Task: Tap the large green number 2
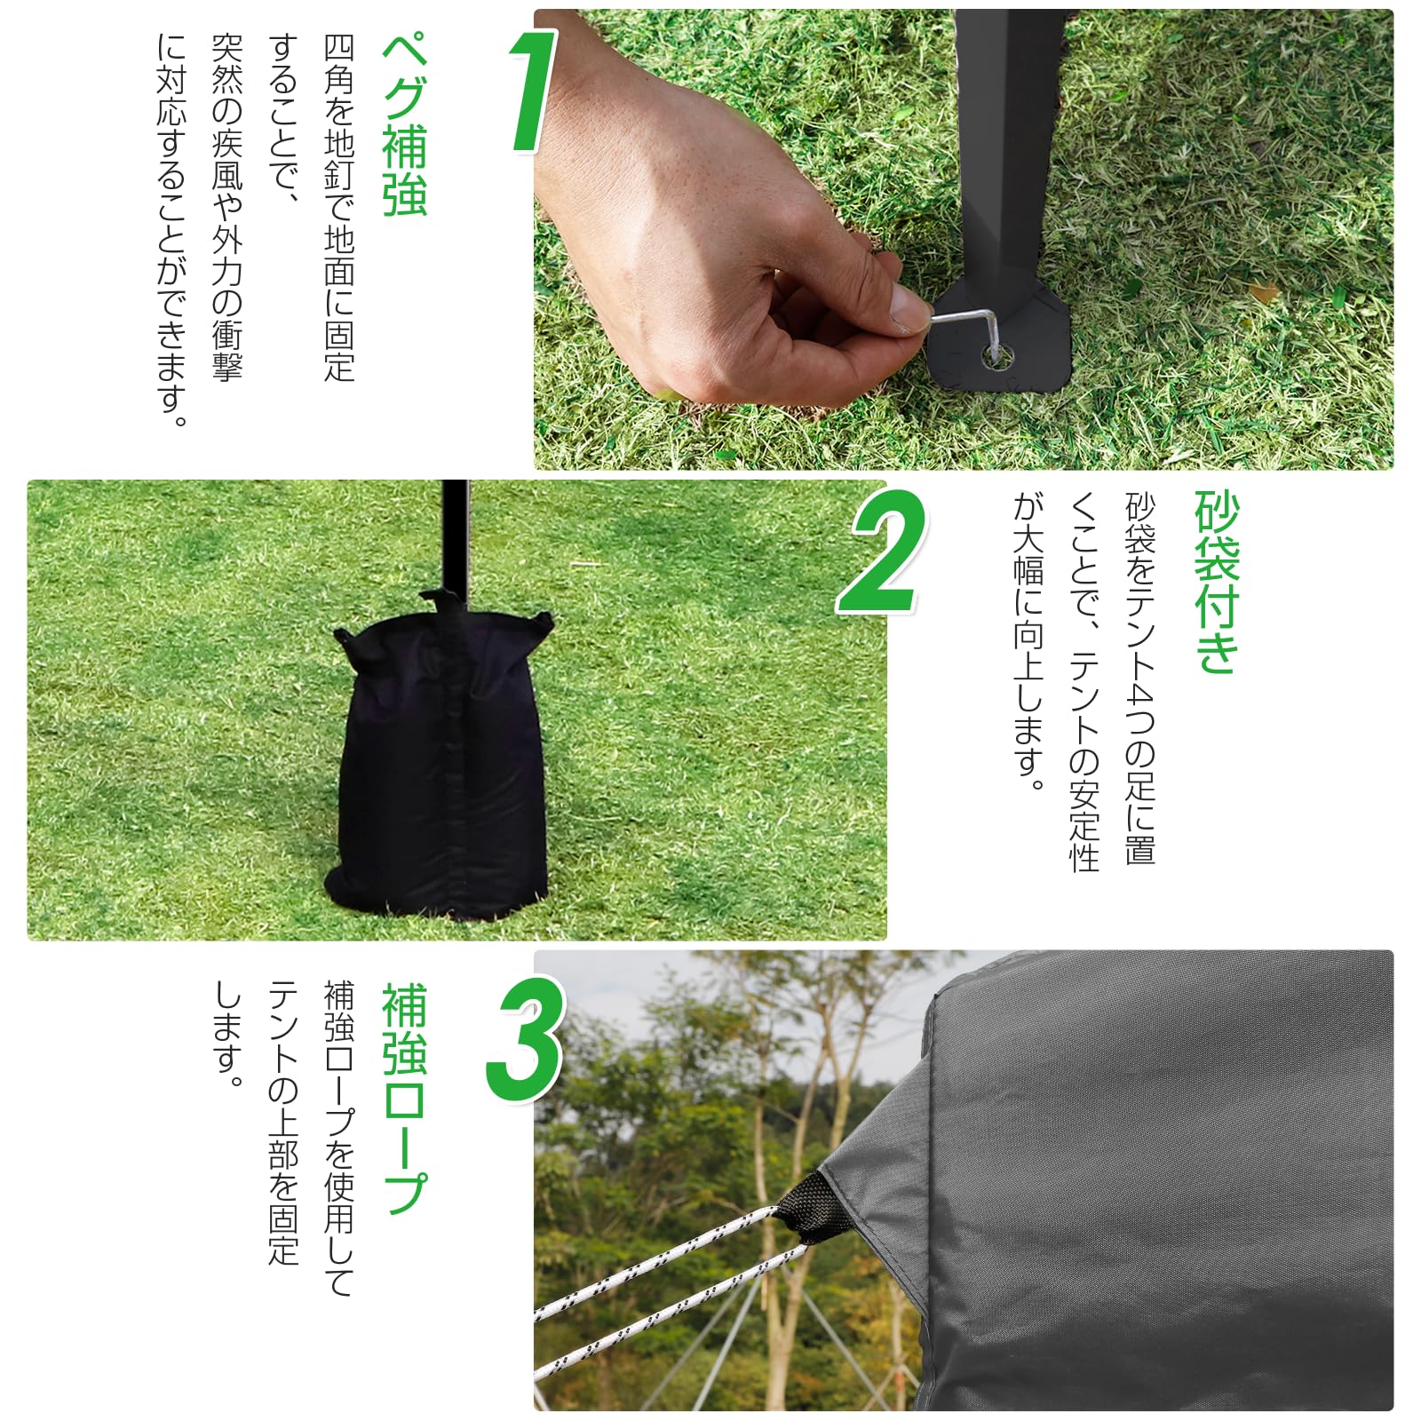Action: click(882, 553)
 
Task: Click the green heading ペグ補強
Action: click(404, 124)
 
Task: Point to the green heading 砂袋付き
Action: click(1216, 582)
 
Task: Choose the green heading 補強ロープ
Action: click(404, 1098)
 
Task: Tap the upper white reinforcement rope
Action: click(657, 1261)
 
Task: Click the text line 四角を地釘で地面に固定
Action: click(338, 209)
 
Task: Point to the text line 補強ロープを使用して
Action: click(338, 1137)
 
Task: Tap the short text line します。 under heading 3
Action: click(228, 1035)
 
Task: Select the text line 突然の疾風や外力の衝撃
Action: click(226, 209)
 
